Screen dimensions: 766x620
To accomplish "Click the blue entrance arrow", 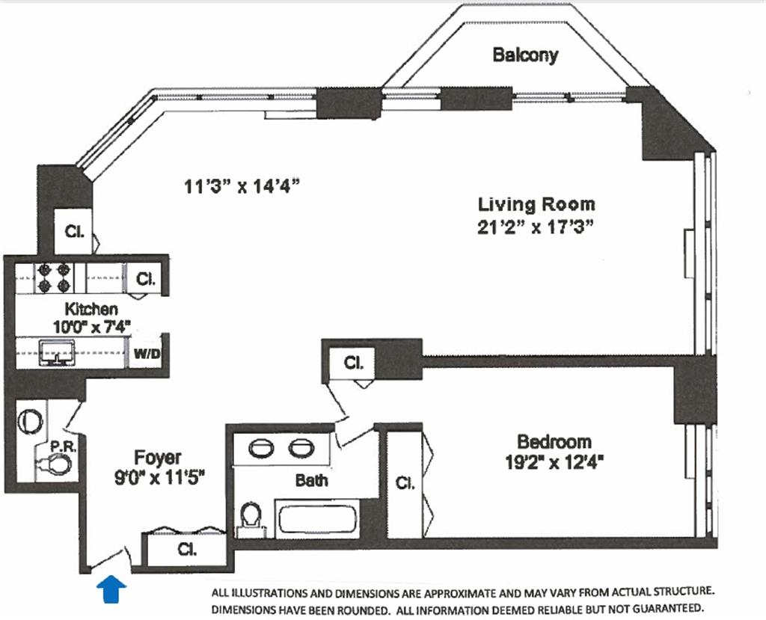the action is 111,589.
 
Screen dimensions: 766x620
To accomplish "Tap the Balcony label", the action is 525,55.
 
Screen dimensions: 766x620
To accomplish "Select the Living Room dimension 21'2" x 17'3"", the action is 536,227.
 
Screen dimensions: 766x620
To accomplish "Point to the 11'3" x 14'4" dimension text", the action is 241,185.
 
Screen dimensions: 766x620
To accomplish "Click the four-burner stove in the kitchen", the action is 54,277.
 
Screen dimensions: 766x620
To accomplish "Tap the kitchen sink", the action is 57,353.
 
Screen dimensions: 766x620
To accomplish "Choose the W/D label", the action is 147,353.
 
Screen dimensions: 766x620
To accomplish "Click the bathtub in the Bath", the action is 317,520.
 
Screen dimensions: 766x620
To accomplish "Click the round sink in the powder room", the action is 30,421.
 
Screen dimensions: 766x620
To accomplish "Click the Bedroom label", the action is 554,441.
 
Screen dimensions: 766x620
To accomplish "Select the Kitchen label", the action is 91,309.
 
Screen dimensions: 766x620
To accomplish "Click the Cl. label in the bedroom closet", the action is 405,482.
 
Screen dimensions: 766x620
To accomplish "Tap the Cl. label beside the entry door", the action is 187,549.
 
